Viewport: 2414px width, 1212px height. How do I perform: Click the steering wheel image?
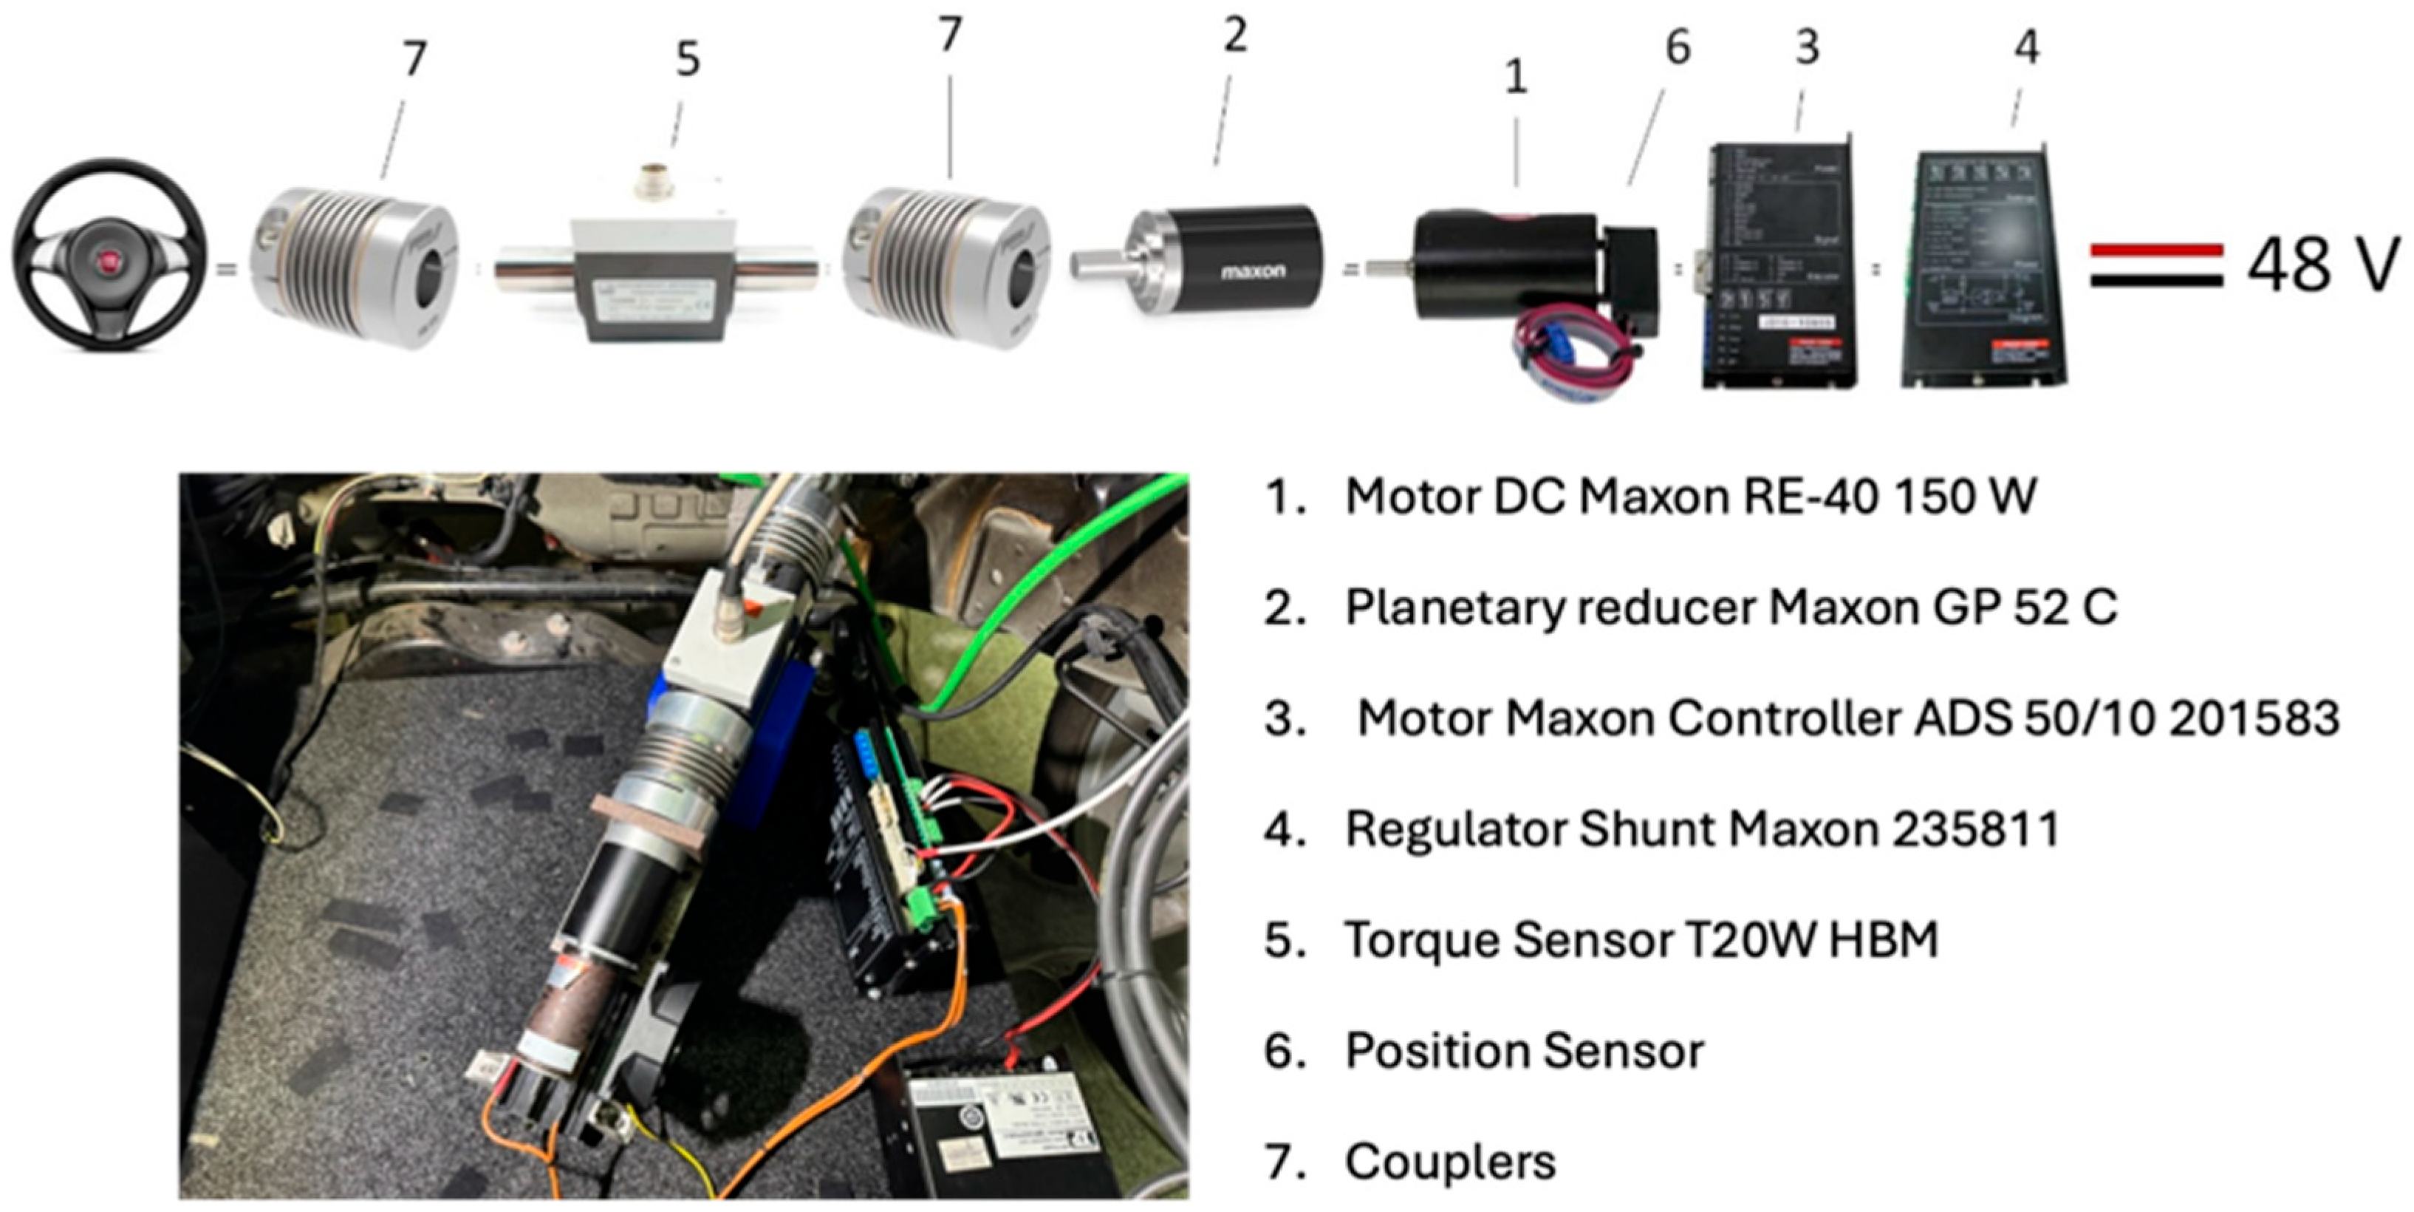point(111,255)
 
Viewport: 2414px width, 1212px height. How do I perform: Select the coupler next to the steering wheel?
point(355,267)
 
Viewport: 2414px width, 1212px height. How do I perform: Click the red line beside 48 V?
point(2156,249)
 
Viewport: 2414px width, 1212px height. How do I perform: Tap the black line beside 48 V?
point(2156,279)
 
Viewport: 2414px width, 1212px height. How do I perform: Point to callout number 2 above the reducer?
point(1235,35)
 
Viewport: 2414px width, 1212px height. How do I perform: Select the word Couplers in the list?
point(1450,1162)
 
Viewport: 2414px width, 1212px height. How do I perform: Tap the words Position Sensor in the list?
point(1524,1050)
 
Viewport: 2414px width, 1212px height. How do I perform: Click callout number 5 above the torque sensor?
point(687,59)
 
